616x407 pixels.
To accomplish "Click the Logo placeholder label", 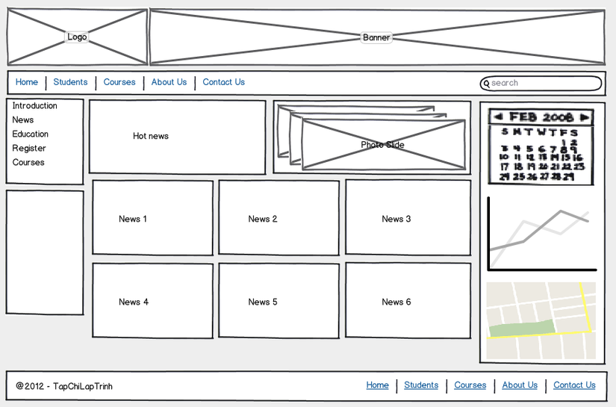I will click(x=77, y=37).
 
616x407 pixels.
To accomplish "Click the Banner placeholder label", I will click(x=376, y=37).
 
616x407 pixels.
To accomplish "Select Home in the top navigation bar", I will click(x=27, y=82).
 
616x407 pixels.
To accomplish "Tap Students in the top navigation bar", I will click(x=70, y=82).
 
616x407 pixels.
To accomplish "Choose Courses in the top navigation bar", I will click(x=119, y=82).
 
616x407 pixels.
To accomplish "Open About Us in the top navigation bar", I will click(x=169, y=82).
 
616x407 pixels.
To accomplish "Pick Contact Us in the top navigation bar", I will click(x=223, y=82).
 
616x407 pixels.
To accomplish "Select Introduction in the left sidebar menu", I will click(x=34, y=106).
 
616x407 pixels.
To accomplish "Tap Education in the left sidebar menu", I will click(x=30, y=134).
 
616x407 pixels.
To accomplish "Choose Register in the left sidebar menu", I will click(x=29, y=149).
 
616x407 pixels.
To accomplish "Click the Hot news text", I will click(x=151, y=136).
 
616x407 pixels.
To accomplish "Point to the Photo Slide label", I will click(x=382, y=145).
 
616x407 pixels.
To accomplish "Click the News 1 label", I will click(x=133, y=219).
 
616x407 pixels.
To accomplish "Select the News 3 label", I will click(x=396, y=219).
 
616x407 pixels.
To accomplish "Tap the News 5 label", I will click(x=263, y=302).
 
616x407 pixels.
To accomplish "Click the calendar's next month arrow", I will click(x=585, y=117).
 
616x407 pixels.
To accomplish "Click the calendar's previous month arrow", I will click(x=498, y=117).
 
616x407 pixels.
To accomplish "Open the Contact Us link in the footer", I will click(x=574, y=385).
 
